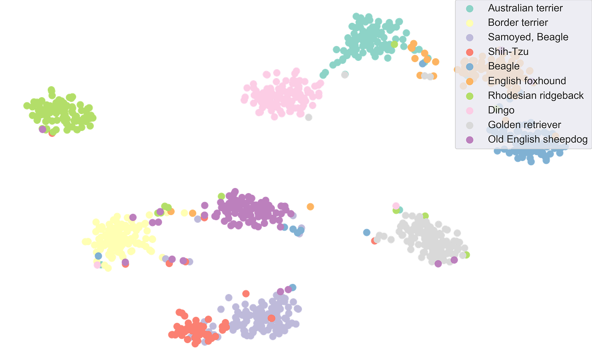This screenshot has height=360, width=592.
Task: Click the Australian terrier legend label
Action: click(525, 8)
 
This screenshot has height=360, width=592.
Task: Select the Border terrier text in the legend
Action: click(518, 22)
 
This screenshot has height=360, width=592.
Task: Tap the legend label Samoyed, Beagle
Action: click(528, 37)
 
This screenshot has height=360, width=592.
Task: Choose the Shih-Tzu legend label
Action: click(508, 52)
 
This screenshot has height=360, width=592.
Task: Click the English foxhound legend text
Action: click(527, 81)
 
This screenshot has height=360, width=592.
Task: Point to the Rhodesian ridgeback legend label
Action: click(536, 95)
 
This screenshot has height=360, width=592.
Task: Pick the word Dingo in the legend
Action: click(501, 110)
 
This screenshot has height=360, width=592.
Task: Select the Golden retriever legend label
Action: click(524, 125)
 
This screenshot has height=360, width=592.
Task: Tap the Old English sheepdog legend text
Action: click(537, 139)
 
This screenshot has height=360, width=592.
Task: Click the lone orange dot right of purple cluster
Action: click(310, 206)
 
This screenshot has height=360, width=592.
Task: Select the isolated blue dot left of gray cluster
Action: click(367, 232)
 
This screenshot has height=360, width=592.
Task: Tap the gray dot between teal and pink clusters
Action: click(345, 75)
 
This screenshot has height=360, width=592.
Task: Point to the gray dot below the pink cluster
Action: click(309, 117)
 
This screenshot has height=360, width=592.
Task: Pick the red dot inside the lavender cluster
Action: click(271, 318)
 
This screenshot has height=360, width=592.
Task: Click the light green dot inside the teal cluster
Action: click(395, 44)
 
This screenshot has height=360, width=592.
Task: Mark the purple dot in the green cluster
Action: click(42, 129)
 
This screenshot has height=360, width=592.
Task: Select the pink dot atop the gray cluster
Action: click(395, 205)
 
